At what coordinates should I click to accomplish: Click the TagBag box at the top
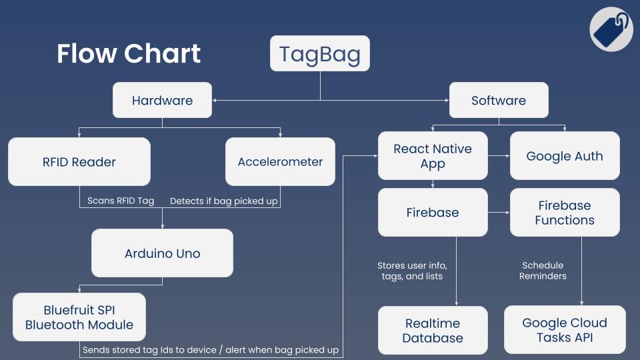pos(319,53)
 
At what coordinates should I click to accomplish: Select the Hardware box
pos(162,101)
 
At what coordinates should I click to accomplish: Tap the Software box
pos(499,101)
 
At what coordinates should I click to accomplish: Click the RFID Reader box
pos(79,161)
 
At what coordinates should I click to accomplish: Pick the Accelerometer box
pos(280,161)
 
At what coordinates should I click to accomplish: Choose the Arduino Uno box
pos(162,253)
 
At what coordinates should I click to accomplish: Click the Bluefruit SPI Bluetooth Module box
pos(79,317)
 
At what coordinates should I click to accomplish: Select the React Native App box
pos(433,156)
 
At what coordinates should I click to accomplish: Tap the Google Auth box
pos(565,156)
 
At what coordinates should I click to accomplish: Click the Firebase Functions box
pos(565,213)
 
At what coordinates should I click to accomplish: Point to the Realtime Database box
pos(433,330)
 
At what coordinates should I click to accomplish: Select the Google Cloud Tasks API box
pos(565,329)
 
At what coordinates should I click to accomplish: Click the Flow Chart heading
pos(129,54)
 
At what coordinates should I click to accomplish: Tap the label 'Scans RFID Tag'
pos(121,201)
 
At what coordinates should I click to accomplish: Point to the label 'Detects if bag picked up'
pos(224,201)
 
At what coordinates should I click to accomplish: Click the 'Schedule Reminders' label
pos(543,271)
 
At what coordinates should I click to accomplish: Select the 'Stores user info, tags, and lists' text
pos(412,271)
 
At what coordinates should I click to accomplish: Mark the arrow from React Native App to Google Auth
pos(499,156)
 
